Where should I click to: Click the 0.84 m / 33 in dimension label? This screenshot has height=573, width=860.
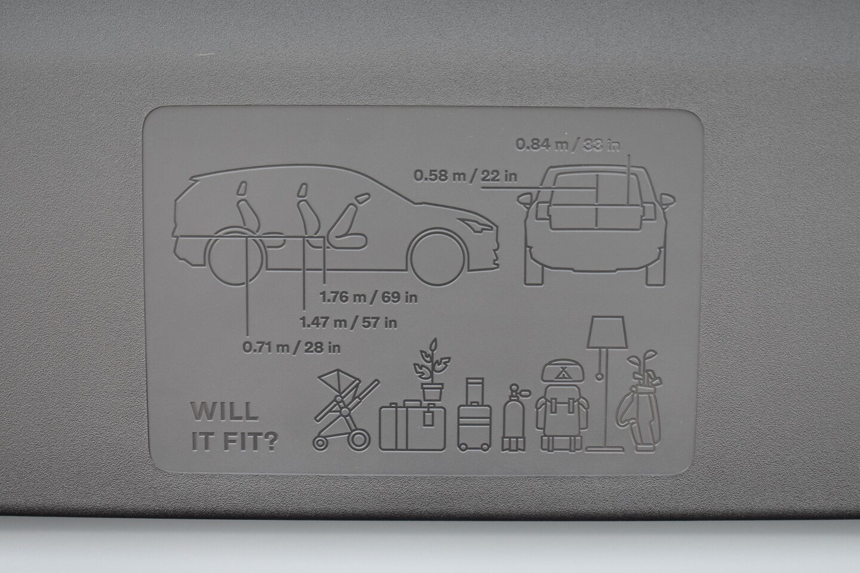click(x=567, y=144)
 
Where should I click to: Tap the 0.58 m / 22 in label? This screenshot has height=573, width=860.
click(x=465, y=175)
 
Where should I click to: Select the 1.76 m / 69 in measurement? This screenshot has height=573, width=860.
click(x=368, y=297)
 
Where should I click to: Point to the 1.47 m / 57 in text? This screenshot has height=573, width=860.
click(x=348, y=322)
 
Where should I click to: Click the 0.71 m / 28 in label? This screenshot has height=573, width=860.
click(x=291, y=347)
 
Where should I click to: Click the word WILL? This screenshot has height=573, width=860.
click(x=225, y=412)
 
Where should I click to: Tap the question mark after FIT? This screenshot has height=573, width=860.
click(x=271, y=441)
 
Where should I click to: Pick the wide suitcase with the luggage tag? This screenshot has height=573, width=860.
click(x=412, y=426)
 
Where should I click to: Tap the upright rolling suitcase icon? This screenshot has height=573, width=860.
click(x=475, y=414)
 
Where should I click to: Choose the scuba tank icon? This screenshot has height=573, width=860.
click(x=514, y=418)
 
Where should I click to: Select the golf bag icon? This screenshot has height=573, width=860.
click(x=639, y=401)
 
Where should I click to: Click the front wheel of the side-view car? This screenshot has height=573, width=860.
click(x=437, y=257)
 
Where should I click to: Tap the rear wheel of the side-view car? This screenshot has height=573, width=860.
click(x=235, y=257)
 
